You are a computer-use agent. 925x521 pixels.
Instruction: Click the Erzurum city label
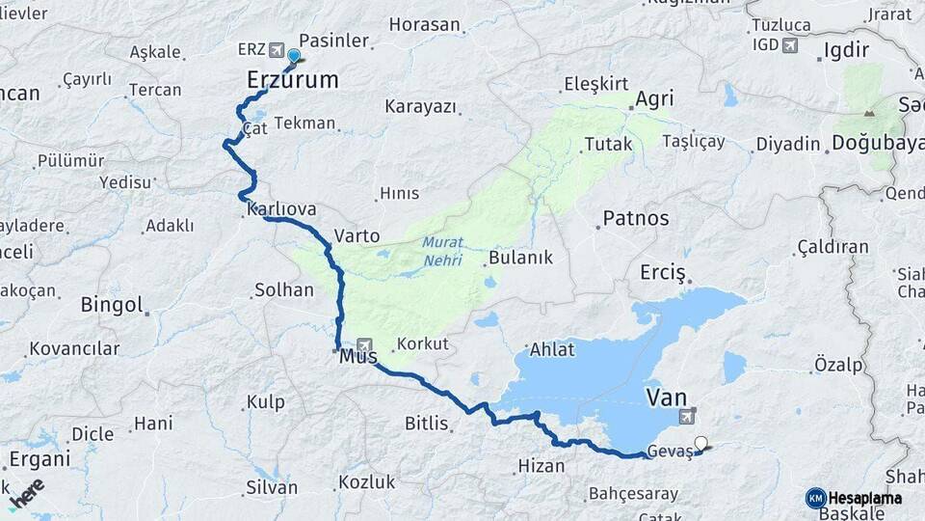point(293,80)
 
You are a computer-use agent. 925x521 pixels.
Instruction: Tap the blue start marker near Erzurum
point(293,57)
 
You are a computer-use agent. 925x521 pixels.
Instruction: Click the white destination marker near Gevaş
point(701,444)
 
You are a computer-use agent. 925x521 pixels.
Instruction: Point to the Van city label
point(667,397)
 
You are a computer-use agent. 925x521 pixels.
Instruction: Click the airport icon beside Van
point(686,417)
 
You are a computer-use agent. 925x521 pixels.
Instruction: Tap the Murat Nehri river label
point(442,253)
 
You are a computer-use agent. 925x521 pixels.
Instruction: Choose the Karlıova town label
point(281,208)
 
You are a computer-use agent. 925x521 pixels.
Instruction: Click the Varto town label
point(357,235)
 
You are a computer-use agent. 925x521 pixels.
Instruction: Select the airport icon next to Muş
point(364,344)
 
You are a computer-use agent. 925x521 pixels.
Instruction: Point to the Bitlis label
point(426,423)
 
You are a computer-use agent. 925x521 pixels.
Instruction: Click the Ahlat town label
point(552,350)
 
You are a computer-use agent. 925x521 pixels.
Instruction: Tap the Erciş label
point(663,273)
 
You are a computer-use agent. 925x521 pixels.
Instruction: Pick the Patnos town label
point(635,218)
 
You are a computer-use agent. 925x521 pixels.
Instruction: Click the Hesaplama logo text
point(864,498)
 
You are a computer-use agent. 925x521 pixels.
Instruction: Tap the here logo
point(26,492)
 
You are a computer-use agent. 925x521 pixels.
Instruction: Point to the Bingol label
point(112,305)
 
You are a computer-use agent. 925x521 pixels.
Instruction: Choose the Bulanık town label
point(520,258)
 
